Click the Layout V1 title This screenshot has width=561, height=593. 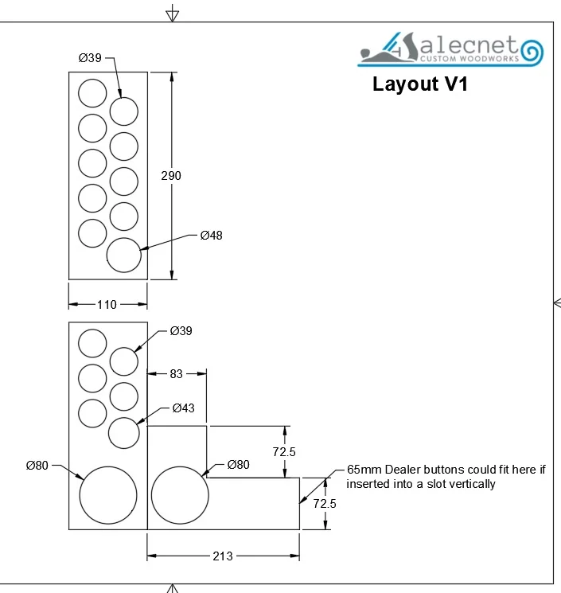click(419, 84)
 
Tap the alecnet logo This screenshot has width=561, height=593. click(451, 49)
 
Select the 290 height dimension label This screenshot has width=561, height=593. click(171, 175)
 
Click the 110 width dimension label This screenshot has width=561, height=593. click(107, 304)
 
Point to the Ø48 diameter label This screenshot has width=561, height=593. click(211, 235)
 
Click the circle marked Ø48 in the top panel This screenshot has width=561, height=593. click(124, 255)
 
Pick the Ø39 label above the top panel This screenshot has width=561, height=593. click(90, 58)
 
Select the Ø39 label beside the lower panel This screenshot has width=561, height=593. click(181, 331)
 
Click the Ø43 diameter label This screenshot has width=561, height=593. click(184, 408)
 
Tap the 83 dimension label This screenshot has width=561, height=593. click(177, 373)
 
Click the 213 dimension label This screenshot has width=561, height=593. click(223, 556)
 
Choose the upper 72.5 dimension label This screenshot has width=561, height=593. click(284, 451)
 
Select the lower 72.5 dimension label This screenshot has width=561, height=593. click(325, 503)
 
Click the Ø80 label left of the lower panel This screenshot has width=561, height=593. click(37, 465)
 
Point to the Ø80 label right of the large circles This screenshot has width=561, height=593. click(239, 465)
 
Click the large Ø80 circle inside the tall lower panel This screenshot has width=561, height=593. click(108, 494)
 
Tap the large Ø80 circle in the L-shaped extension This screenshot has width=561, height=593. click(180, 494)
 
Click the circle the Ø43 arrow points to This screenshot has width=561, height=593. click(124, 432)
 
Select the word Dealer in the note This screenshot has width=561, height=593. click(399, 470)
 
